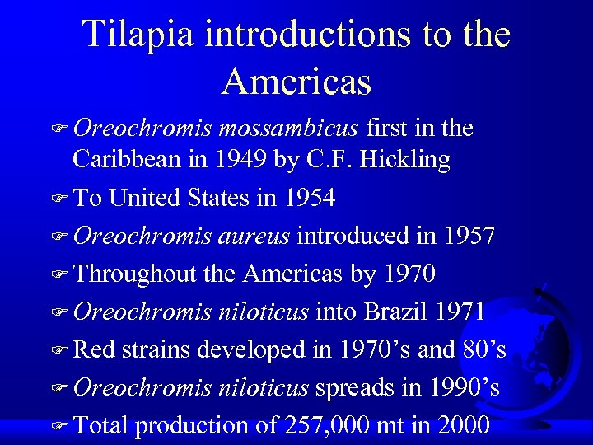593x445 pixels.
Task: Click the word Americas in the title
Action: [x=296, y=81]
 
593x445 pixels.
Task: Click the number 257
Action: [x=306, y=425]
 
